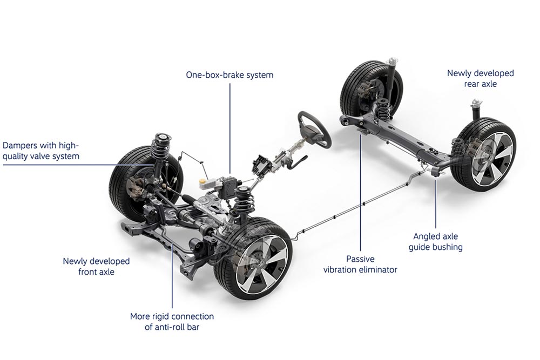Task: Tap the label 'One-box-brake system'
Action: [x=230, y=75]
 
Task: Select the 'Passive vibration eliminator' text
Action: [x=360, y=264]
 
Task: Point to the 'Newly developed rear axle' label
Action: [x=480, y=78]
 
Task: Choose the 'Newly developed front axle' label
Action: [x=96, y=266]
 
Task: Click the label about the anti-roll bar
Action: [x=172, y=321]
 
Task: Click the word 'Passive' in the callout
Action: [x=360, y=259]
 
